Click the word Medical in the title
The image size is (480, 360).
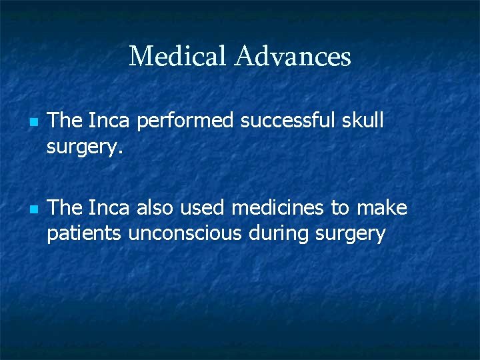[178, 56]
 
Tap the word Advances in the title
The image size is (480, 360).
[293, 56]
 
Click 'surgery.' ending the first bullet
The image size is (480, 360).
[85, 147]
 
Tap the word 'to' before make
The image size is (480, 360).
[340, 208]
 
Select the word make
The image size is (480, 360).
[382, 208]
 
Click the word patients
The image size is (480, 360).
[85, 234]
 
